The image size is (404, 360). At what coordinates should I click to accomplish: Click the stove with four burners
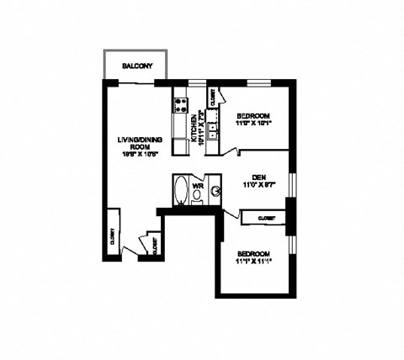click(x=179, y=105)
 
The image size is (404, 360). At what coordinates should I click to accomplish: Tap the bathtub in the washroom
click(x=180, y=190)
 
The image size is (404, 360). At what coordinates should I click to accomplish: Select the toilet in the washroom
click(x=197, y=195)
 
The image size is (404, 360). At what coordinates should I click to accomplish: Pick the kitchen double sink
click(x=215, y=131)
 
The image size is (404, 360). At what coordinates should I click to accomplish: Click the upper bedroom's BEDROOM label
click(x=252, y=114)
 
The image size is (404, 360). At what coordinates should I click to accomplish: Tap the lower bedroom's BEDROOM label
click(x=252, y=254)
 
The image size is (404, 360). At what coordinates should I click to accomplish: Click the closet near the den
click(x=263, y=218)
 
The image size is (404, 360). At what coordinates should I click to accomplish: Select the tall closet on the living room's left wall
click(x=112, y=239)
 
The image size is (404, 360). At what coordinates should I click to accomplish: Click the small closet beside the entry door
click(x=154, y=245)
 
